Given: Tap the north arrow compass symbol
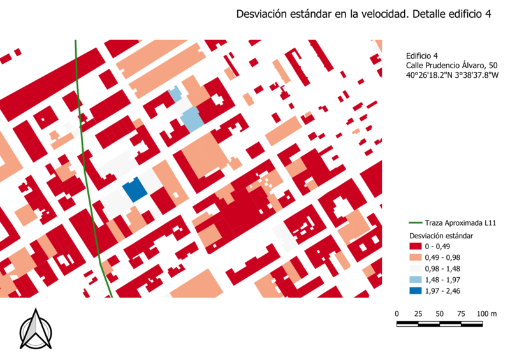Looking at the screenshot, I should pos(35,329).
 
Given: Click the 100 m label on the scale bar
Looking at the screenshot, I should pos(486,313).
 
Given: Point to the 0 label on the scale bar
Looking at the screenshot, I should pos(397,313).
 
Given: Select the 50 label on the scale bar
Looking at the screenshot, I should pos(440,313).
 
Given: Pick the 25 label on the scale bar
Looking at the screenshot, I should pos(418,313).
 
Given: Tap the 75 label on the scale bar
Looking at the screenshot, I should pos(461,313).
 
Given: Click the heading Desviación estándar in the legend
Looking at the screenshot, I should pos(442,235).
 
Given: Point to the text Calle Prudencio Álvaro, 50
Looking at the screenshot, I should pos(451,66).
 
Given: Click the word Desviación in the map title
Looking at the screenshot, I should pos(261,14).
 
